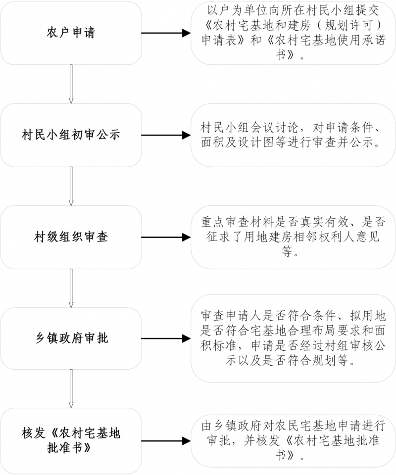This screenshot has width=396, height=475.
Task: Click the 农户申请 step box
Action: click(71, 33)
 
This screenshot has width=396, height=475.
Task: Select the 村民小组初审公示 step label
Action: click(71, 135)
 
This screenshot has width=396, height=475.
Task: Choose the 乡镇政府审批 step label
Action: click(71, 339)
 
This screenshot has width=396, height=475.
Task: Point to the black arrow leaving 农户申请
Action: click(166, 33)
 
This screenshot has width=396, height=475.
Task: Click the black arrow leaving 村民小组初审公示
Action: click(166, 135)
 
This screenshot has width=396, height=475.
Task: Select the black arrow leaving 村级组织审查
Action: click(166, 237)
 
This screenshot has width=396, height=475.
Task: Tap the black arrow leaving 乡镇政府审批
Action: click(166, 339)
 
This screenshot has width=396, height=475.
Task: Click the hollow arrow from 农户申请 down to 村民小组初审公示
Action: click(71, 84)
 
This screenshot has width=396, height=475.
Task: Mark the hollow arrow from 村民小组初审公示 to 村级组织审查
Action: click(71, 186)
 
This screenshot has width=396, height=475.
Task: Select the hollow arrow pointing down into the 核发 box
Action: click(71, 389)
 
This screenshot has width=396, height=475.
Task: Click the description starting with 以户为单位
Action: click(293, 33)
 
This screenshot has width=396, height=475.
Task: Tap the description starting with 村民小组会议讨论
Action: click(293, 135)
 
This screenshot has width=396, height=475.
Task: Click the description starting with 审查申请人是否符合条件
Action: click(293, 339)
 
